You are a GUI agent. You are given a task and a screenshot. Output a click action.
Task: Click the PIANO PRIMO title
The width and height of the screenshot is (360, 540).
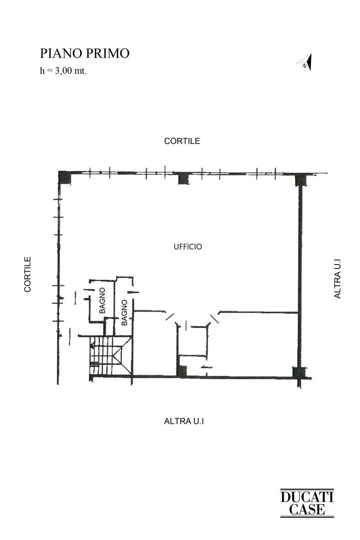85,53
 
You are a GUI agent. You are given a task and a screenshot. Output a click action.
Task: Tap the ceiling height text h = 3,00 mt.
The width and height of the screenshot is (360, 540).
63,71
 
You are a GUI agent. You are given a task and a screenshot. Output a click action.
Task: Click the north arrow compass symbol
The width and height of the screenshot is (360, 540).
305,63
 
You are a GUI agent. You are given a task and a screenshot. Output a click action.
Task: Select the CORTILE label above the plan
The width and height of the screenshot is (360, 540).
182,141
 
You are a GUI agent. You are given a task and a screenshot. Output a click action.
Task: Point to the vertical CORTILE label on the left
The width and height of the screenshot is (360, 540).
28,274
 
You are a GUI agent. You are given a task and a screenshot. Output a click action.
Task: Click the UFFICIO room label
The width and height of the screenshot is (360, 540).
188,247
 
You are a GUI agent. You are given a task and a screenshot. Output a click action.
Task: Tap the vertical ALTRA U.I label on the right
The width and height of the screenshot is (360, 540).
337,279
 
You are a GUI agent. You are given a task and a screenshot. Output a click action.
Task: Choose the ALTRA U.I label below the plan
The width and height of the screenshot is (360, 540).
184,421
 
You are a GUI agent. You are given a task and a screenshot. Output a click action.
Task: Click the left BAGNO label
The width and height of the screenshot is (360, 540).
102,300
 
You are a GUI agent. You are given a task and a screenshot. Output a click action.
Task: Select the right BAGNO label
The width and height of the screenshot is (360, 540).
124,312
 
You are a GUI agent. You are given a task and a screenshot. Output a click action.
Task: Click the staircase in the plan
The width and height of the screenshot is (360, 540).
110,355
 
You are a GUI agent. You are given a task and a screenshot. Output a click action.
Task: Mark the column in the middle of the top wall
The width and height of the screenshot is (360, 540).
183,179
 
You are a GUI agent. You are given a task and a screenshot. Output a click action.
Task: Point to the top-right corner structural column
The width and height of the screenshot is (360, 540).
301,179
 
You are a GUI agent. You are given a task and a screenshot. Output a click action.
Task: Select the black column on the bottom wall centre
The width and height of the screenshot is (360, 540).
181,371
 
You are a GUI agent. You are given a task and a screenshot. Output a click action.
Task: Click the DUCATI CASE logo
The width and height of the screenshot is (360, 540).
307,503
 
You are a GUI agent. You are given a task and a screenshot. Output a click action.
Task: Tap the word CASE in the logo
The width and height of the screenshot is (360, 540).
307,509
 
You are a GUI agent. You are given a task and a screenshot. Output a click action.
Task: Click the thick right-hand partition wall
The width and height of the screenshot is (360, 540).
300,274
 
